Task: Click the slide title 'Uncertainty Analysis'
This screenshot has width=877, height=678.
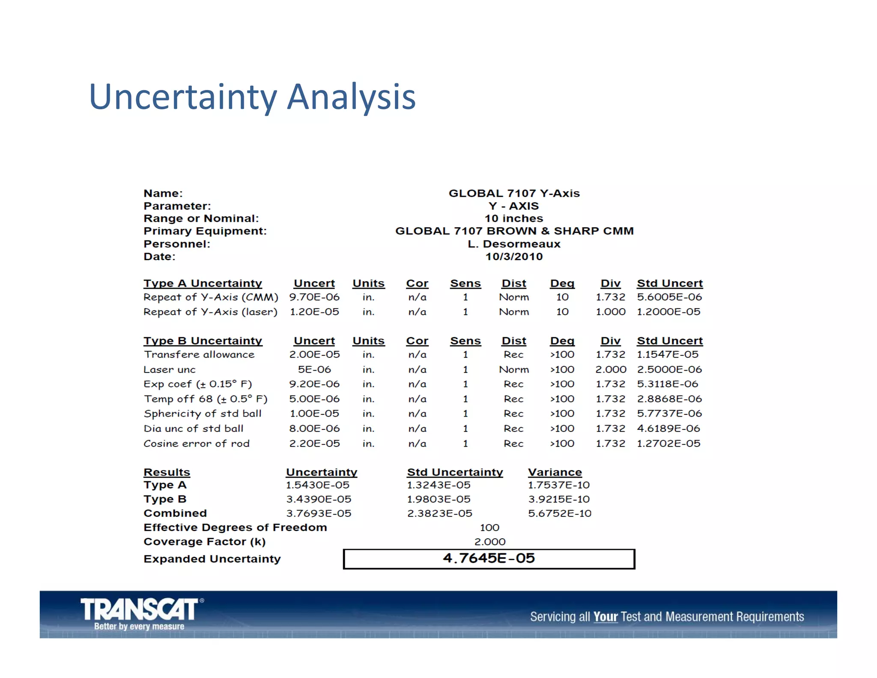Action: coord(252,97)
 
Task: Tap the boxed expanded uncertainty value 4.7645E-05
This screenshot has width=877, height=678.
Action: coord(489,558)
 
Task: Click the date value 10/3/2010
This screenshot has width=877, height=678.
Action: coord(514,257)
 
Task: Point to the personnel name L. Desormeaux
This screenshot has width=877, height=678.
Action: coord(514,244)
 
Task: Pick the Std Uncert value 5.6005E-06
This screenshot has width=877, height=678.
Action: coord(669,297)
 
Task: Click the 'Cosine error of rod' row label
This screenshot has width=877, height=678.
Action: coord(197,444)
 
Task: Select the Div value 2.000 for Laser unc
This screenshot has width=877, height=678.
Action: coord(611,369)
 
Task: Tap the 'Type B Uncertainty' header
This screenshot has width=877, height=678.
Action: coord(203,341)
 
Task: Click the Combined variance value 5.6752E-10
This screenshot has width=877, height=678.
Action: coord(559,513)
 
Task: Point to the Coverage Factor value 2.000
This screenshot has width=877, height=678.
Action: coord(489,542)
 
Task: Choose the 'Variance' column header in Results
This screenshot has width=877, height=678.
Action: coord(555,472)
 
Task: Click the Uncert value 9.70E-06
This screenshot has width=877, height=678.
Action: coord(314,297)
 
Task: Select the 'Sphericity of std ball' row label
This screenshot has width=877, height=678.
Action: coord(203,414)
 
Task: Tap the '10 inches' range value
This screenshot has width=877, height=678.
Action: coord(514,219)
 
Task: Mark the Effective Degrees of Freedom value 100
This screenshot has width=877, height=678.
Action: coord(489,528)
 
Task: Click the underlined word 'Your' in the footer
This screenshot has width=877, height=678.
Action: coord(605,617)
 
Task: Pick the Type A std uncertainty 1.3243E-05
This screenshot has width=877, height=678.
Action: coord(438,485)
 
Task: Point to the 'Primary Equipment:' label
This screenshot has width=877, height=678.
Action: coord(205,231)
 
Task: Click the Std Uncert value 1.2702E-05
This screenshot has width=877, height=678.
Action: coord(668,444)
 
